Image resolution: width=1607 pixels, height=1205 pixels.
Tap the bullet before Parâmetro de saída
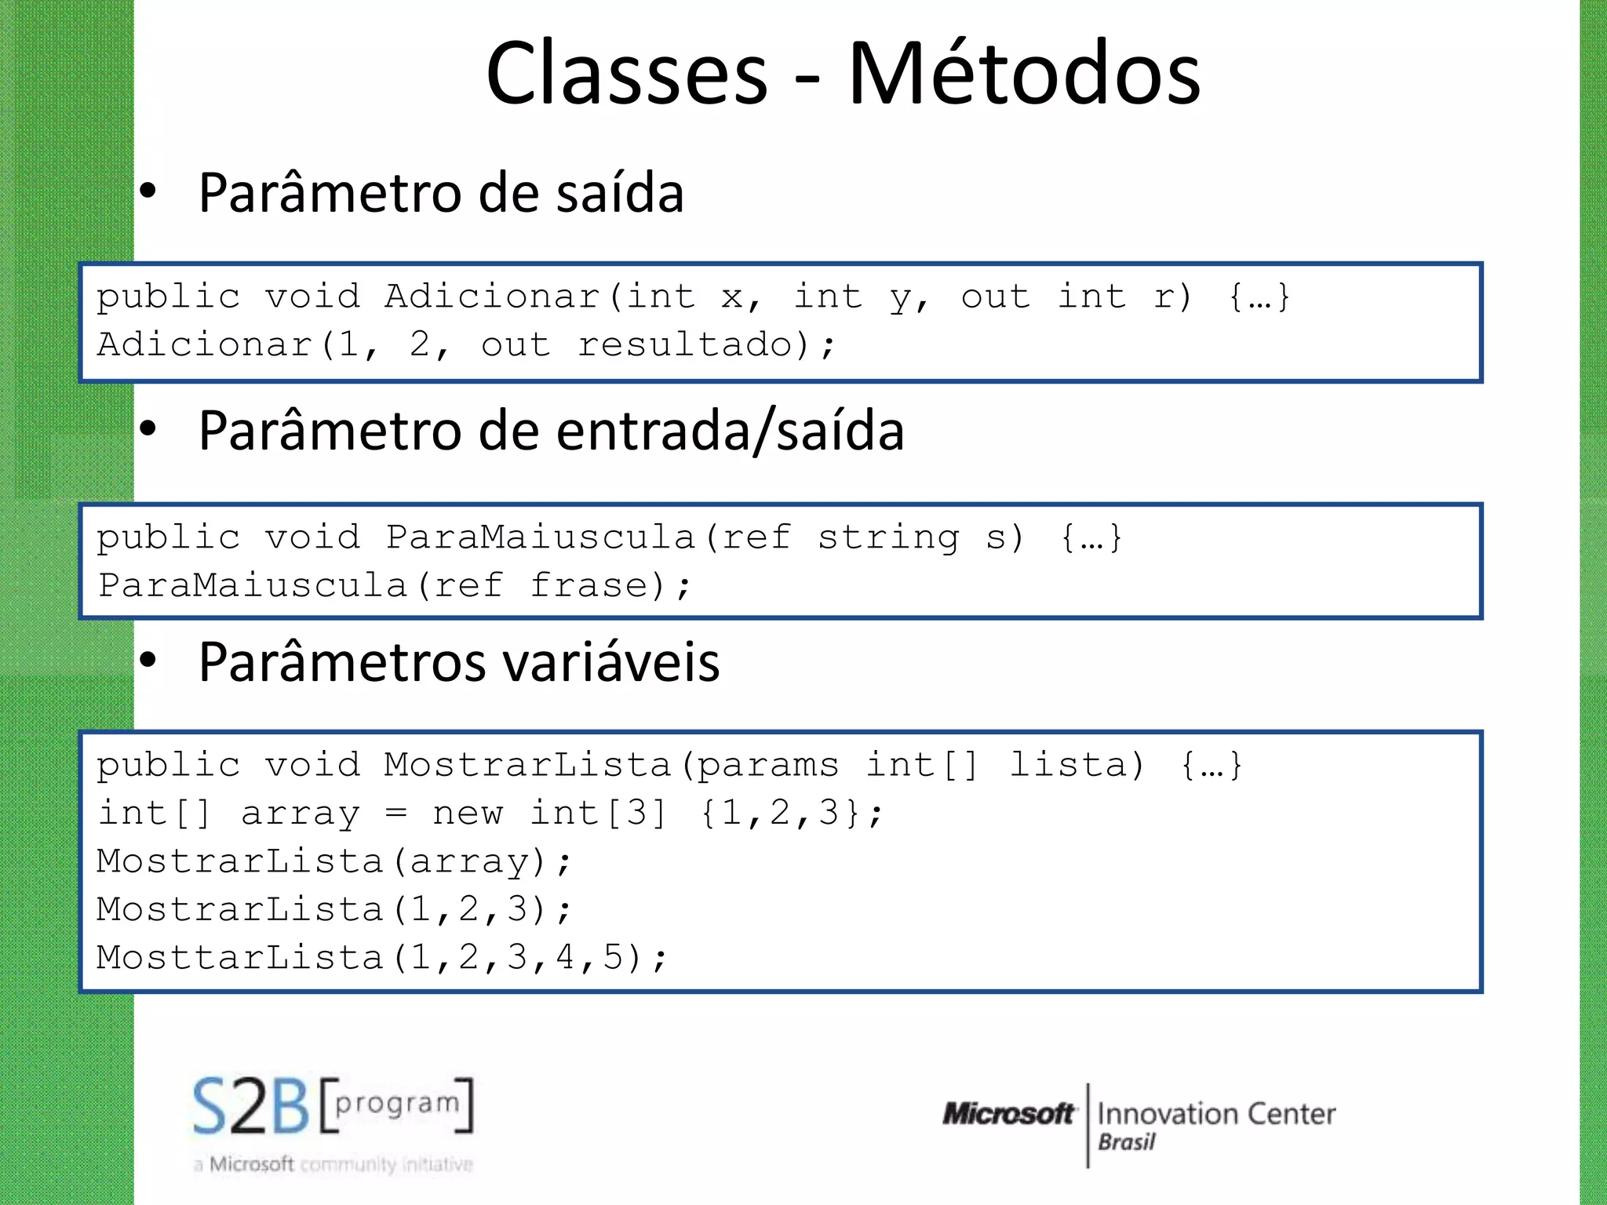click(x=148, y=191)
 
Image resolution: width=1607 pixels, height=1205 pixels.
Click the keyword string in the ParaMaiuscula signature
click(x=888, y=538)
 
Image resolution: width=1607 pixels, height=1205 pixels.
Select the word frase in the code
click(x=589, y=586)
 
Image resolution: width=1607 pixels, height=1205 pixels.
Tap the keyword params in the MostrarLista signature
click(x=767, y=765)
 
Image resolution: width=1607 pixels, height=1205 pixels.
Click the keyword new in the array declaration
click(x=468, y=814)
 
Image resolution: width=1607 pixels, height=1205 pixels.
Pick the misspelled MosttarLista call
click(x=239, y=958)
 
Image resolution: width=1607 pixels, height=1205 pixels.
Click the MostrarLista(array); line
click(x=333, y=861)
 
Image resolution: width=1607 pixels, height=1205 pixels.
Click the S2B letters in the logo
click(x=251, y=1106)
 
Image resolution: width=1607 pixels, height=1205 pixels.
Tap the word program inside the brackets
click(x=397, y=1103)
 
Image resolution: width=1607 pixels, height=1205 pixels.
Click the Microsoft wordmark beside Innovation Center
click(x=1008, y=1113)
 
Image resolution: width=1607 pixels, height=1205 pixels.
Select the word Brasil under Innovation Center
click(x=1126, y=1142)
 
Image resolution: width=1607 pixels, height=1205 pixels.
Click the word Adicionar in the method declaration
click(x=492, y=297)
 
